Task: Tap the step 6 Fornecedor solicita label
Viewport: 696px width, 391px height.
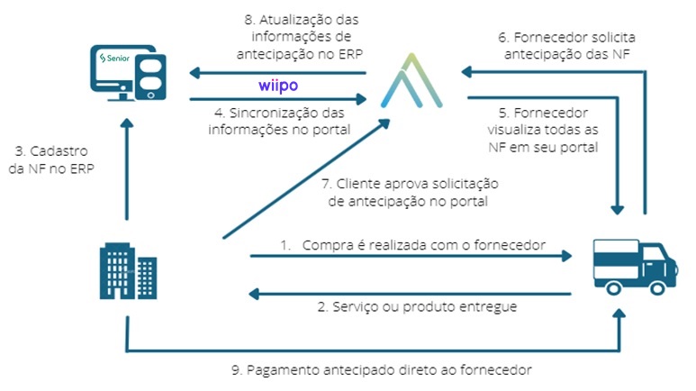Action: pos(556,48)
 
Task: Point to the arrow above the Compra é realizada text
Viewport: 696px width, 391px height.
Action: pos(410,257)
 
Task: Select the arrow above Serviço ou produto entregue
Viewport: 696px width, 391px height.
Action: pos(410,293)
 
